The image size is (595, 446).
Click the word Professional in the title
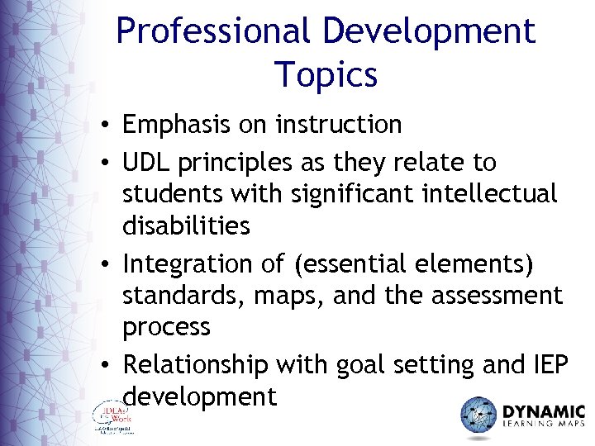point(214,32)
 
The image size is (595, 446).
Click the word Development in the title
point(429,32)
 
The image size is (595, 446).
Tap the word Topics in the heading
point(326,74)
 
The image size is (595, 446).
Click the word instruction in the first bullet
point(339,125)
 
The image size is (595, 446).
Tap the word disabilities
point(185,225)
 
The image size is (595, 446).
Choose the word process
point(166,328)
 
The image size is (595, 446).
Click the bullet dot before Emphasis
point(108,126)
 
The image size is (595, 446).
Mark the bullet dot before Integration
point(108,266)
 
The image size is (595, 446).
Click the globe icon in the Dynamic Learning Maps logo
point(478,415)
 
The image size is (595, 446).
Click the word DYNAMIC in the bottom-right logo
point(544,410)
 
